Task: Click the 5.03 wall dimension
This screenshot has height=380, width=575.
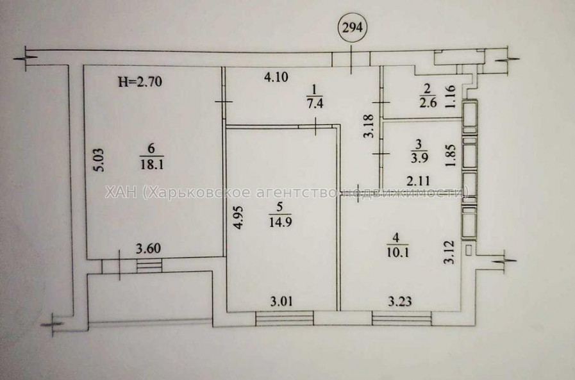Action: (94, 156)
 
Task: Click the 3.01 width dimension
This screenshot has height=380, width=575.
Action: (283, 299)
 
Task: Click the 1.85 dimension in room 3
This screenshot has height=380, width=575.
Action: (454, 154)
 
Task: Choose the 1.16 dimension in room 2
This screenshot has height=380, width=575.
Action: (454, 98)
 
